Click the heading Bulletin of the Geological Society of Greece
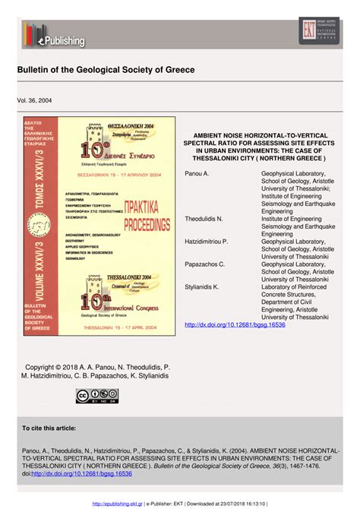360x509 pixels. point(106,70)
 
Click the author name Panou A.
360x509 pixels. point(197,174)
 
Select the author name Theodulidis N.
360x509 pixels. point(204,219)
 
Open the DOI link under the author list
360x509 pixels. point(235,324)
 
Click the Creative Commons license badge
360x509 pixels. point(97,396)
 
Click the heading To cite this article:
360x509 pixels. point(52,428)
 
